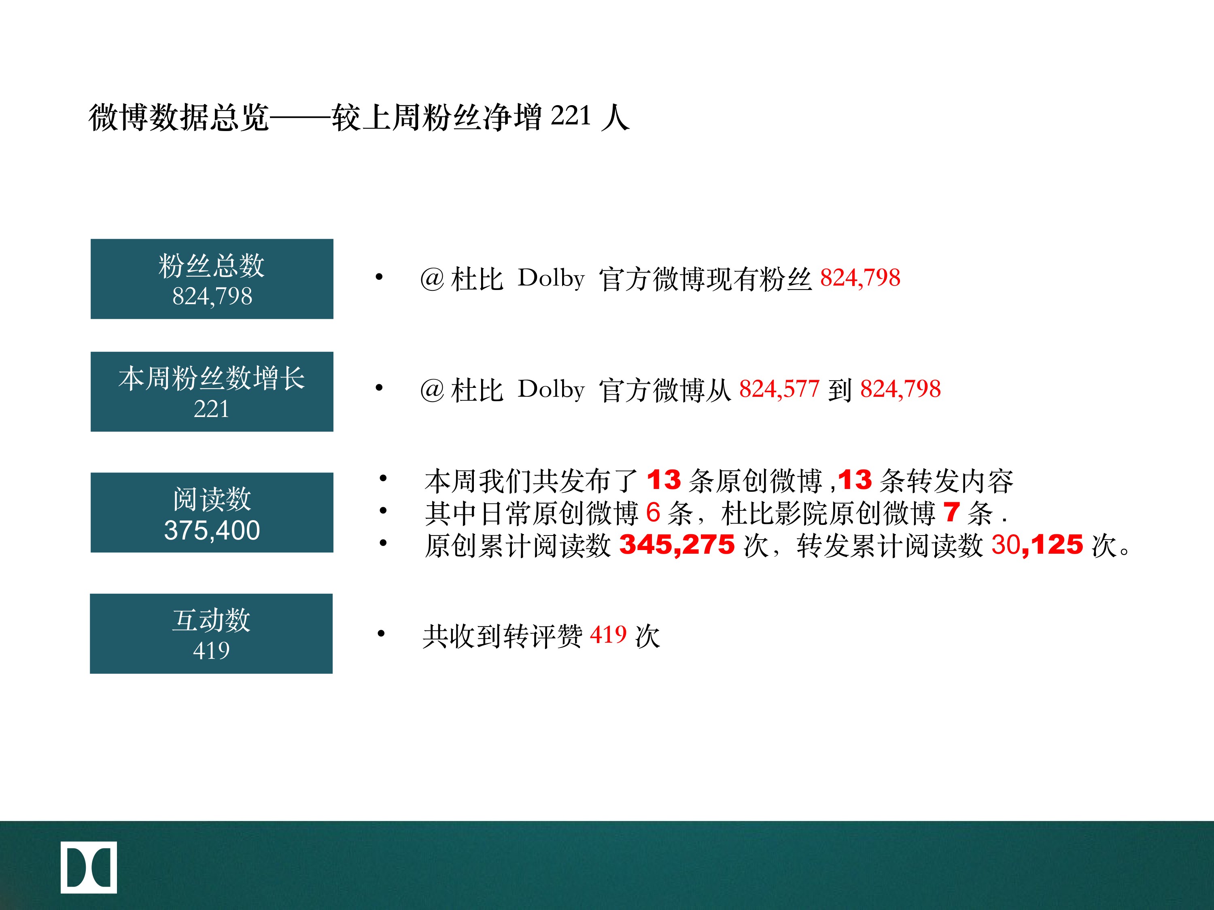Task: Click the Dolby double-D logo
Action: pos(89,867)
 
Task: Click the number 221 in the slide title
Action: pos(571,116)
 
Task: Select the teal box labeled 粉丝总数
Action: pos(212,279)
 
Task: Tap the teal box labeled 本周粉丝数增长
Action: pos(212,392)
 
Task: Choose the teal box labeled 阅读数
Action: pos(212,512)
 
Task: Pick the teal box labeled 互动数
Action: pos(211,633)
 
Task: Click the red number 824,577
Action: pos(779,389)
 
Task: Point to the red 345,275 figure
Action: pos(677,545)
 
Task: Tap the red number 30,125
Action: pos(1037,545)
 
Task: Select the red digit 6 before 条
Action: pos(653,513)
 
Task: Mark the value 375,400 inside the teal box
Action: pos(212,530)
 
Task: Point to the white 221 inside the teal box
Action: pos(211,408)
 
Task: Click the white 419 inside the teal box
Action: pos(211,650)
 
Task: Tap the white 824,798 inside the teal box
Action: pos(212,296)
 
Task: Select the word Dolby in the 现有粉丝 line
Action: pos(551,278)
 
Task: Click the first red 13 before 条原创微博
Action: pos(664,480)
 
